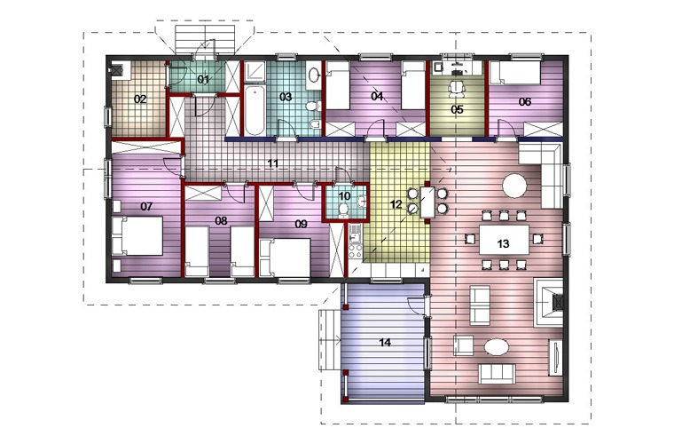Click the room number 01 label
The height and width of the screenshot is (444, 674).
(x=203, y=80)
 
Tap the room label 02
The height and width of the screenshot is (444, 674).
(x=140, y=99)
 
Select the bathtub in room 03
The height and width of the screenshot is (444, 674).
(x=255, y=110)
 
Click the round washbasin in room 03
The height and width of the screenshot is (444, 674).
(x=313, y=75)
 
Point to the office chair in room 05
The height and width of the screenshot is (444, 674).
(x=457, y=88)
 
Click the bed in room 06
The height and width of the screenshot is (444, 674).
(x=515, y=73)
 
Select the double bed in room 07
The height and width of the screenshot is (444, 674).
(x=137, y=236)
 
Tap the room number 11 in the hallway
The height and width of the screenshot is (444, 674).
(x=273, y=163)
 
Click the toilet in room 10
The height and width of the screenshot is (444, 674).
(x=343, y=210)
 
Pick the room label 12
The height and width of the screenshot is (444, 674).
(x=396, y=204)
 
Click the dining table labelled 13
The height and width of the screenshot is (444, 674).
(x=504, y=240)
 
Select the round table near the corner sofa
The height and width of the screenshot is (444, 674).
(x=514, y=186)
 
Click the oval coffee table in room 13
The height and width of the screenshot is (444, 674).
(x=497, y=347)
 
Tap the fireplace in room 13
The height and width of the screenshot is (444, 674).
(x=548, y=303)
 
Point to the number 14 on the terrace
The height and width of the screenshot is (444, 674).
(x=385, y=343)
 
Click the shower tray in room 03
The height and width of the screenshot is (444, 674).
(x=255, y=72)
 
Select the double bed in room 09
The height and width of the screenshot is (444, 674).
(x=285, y=258)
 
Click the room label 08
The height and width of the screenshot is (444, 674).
(x=221, y=221)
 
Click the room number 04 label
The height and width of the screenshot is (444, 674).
(x=377, y=96)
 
